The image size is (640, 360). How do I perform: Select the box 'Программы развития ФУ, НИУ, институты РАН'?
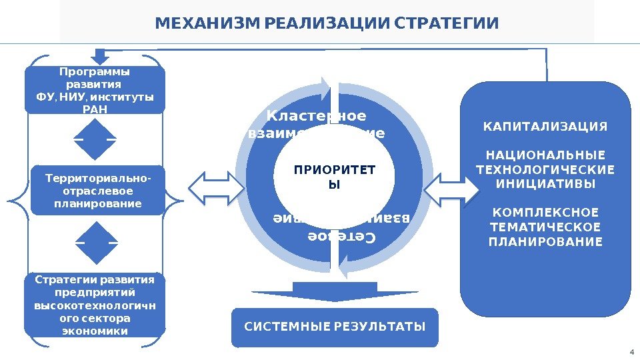click(94, 90)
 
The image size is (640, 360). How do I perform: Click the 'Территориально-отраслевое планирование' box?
click(97, 191)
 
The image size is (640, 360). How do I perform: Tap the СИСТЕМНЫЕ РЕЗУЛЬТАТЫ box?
click(335, 327)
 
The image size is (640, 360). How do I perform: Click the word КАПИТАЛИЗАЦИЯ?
click(545, 127)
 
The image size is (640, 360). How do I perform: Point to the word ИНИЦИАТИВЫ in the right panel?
click(545, 183)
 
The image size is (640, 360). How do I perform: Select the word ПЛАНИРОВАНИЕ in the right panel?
click(545, 241)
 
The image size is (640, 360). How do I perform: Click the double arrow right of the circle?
click(451, 191)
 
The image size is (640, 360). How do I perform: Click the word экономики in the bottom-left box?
click(95, 331)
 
